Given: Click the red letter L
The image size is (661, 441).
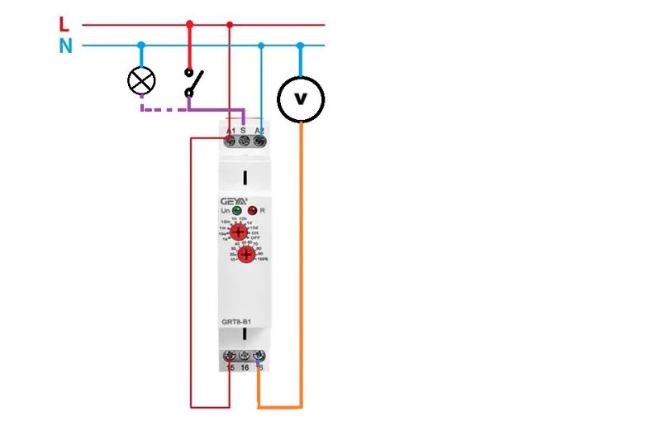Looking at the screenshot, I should click(x=64, y=23).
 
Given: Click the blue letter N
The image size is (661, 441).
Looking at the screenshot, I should click(x=65, y=46).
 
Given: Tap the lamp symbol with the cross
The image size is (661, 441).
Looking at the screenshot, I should click(x=142, y=80).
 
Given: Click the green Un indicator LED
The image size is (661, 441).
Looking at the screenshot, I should click(x=236, y=211).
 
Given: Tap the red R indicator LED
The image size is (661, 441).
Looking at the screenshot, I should click(x=253, y=211).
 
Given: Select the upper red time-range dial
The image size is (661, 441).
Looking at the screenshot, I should click(x=238, y=233).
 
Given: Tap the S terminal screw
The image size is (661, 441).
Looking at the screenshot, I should click(x=245, y=141).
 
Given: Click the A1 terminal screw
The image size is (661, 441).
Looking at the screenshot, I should click(x=230, y=141).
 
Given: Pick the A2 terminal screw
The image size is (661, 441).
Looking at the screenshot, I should click(x=259, y=141).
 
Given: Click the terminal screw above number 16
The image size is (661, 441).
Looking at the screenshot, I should click(x=245, y=357).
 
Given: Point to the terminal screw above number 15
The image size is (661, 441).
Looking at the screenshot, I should click(x=231, y=357).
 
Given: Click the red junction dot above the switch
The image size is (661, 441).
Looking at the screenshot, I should click(x=189, y=24).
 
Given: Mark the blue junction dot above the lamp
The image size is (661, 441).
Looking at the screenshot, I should click(x=142, y=46).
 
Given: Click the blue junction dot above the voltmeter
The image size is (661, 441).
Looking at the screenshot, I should click(x=300, y=46).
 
